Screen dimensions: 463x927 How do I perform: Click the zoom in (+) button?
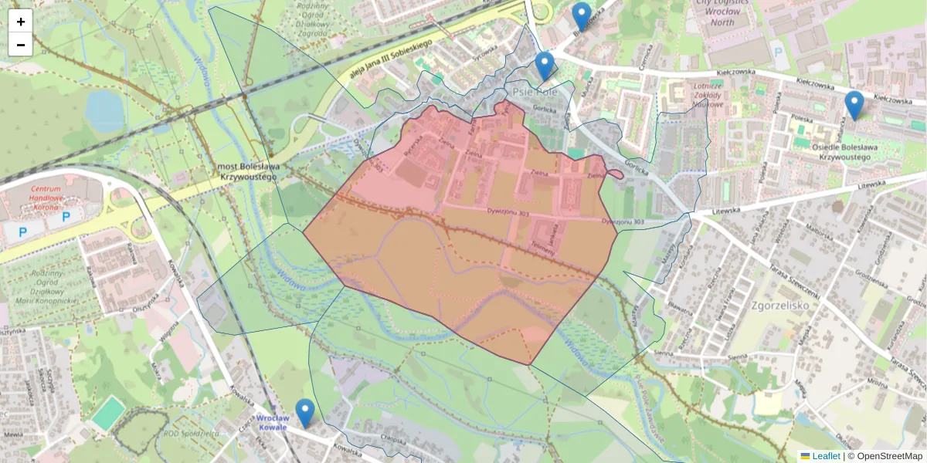[21, 22]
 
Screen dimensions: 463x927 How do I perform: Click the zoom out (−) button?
[21, 45]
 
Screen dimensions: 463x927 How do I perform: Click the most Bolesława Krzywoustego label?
[247, 171]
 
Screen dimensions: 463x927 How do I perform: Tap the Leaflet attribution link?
[825, 456]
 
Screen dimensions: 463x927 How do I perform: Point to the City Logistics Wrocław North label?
[722, 12]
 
